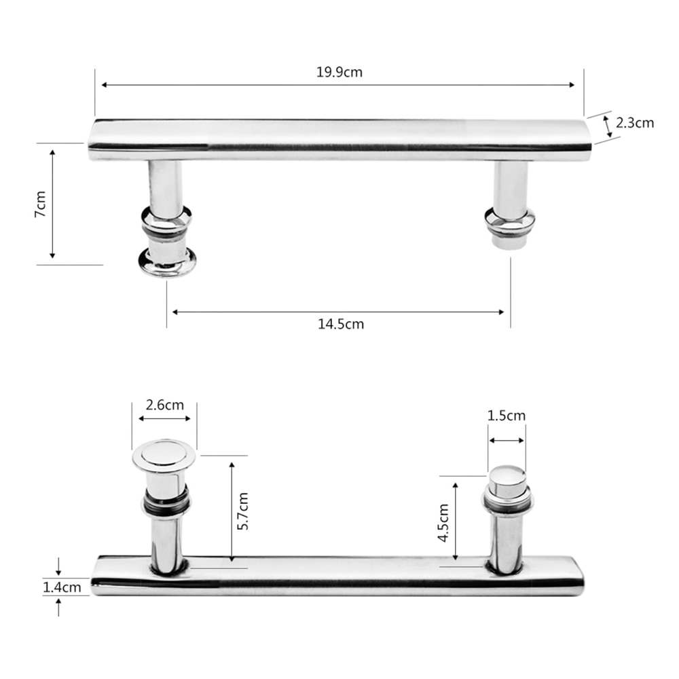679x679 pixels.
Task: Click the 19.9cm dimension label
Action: (x=339, y=72)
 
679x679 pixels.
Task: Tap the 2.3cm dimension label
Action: (x=635, y=123)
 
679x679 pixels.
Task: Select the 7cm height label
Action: (x=41, y=204)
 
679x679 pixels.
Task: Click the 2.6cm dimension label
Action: (x=164, y=405)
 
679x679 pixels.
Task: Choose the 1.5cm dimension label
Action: (x=507, y=416)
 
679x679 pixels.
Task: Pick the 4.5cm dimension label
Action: (x=443, y=521)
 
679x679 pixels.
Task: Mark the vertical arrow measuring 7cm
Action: (x=52, y=204)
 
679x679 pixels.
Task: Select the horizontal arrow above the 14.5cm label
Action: (x=338, y=312)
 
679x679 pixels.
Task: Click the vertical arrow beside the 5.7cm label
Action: (x=232, y=510)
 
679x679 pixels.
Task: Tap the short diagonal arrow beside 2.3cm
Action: (x=607, y=126)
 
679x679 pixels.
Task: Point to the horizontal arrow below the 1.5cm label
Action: (x=507, y=440)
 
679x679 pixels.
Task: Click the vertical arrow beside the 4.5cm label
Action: (x=456, y=521)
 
